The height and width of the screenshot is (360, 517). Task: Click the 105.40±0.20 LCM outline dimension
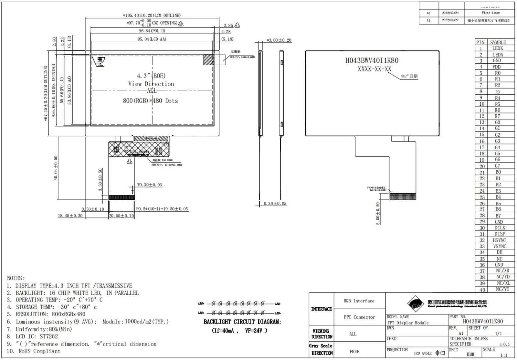[152, 15]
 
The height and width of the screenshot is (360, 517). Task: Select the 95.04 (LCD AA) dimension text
[152, 39]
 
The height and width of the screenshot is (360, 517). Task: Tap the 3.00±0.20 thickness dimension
[279, 40]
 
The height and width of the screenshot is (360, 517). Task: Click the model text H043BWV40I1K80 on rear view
[372, 60]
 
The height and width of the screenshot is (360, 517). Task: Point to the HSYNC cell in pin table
[499, 240]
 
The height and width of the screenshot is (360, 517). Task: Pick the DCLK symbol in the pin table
[500, 228]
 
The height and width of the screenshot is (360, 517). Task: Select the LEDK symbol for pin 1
[498, 48]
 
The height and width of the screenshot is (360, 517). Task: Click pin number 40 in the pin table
[482, 290]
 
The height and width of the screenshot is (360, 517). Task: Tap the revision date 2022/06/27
[450, 20]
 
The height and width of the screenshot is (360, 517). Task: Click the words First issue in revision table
[491, 13]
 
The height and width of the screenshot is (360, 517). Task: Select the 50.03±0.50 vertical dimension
[56, 168]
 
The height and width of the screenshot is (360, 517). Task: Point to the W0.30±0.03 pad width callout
[149, 185]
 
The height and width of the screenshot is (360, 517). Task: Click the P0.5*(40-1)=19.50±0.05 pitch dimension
[162, 209]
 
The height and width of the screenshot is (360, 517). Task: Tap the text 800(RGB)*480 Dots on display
[150, 101]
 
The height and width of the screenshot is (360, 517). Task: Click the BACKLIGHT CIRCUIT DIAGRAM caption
[242, 322]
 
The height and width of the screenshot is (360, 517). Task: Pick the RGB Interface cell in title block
[359, 301]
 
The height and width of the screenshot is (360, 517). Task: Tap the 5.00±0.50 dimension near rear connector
[378, 214]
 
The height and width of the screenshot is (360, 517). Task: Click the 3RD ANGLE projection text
[422, 353]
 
